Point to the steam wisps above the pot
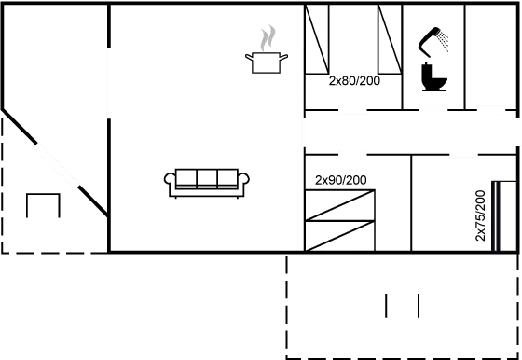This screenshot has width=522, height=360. (268, 38)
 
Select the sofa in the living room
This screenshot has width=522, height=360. (207, 182)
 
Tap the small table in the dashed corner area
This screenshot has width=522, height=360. (43, 202)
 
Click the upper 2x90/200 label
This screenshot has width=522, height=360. (354, 82)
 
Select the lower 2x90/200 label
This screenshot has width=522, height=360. (340, 179)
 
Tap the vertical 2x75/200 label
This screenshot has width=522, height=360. (480, 215)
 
